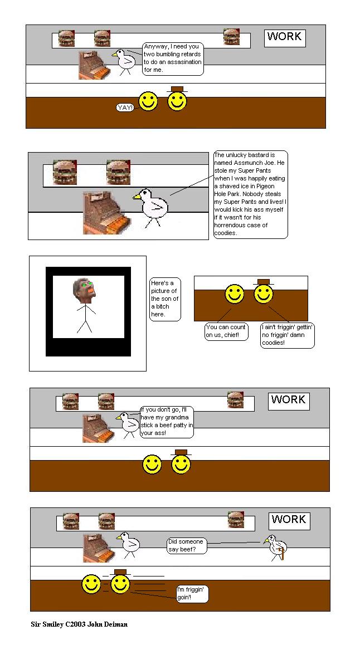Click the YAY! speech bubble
(x=125, y=107)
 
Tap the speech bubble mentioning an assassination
(x=172, y=58)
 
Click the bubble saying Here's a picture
(x=164, y=299)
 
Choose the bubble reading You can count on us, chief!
(x=226, y=331)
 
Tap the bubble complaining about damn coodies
(x=288, y=335)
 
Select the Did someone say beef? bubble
(x=186, y=545)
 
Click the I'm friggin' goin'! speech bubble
(x=192, y=593)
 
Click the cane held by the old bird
(x=282, y=554)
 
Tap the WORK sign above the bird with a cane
(x=289, y=520)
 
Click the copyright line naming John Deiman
(x=79, y=624)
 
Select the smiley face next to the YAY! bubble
(x=148, y=101)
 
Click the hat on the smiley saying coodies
(x=264, y=282)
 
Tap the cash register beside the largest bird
(x=105, y=212)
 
